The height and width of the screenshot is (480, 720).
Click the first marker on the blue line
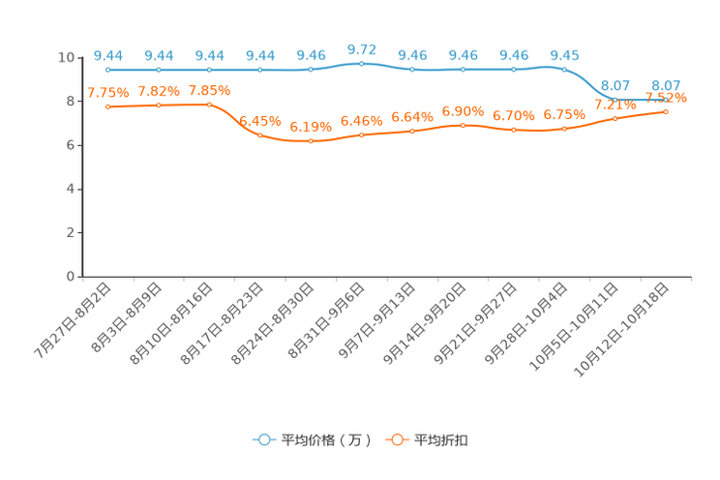[108, 71]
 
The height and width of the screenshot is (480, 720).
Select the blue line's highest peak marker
[361, 64]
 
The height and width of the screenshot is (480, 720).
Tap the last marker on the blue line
[666, 98]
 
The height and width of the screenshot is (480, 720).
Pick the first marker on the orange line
[108, 105]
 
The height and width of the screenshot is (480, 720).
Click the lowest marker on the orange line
[311, 141]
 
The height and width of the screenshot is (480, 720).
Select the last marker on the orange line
[666, 111]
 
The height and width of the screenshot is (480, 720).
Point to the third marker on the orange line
[209, 104]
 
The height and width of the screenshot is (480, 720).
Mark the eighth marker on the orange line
[464, 126]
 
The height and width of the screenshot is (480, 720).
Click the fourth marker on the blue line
[259, 71]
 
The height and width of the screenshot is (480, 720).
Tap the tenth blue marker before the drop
[564, 69]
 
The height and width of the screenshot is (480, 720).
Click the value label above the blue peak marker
[361, 48]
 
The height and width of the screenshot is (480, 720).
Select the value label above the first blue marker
[108, 55]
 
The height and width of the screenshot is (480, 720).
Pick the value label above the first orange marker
[107, 92]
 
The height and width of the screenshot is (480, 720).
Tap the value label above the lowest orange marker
[311, 127]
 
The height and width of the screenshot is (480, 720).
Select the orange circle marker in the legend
[397, 439]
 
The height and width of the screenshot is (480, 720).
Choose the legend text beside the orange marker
[442, 440]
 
